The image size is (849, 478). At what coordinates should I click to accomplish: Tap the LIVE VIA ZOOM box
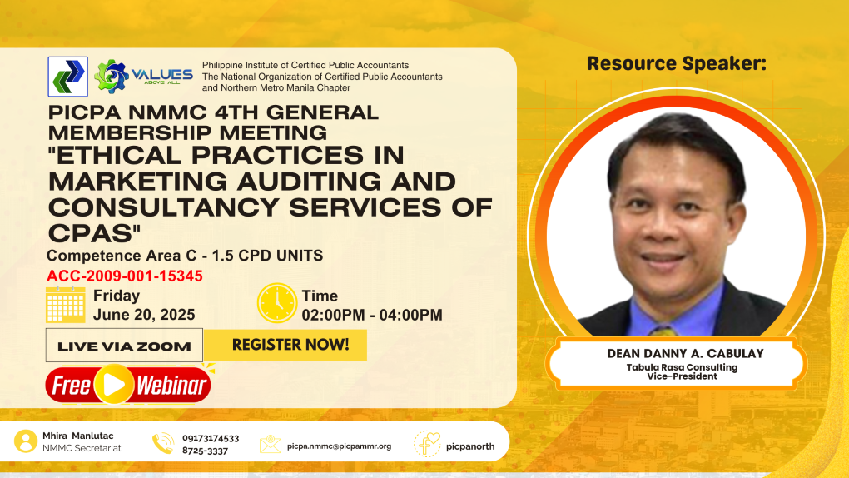[124, 346]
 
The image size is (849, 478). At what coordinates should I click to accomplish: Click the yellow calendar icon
[66, 305]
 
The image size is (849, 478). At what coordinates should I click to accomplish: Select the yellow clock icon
[276, 303]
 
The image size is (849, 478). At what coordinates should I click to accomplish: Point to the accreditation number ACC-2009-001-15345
[125, 276]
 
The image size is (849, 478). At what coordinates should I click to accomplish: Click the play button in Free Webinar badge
[114, 384]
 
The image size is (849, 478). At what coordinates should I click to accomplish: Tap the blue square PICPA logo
[67, 77]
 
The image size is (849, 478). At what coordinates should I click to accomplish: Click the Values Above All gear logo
[112, 77]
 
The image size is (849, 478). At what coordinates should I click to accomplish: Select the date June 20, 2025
[144, 315]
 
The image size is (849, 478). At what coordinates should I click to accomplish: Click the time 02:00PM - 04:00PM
[372, 315]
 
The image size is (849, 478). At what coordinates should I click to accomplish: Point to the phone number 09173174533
[211, 438]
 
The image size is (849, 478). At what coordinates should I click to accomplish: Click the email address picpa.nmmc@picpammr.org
[339, 446]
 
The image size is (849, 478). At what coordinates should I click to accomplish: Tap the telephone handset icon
[163, 443]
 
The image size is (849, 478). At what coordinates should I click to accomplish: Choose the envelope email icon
[271, 444]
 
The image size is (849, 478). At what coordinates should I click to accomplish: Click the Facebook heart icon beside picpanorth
[427, 444]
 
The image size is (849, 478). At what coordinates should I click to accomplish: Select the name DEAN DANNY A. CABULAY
[685, 353]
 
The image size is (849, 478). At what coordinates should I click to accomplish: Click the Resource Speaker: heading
[677, 63]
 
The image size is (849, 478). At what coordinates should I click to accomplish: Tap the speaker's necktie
[663, 331]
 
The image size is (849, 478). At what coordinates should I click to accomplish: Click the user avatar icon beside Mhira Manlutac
[26, 441]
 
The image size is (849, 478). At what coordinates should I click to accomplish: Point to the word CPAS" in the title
[94, 233]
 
